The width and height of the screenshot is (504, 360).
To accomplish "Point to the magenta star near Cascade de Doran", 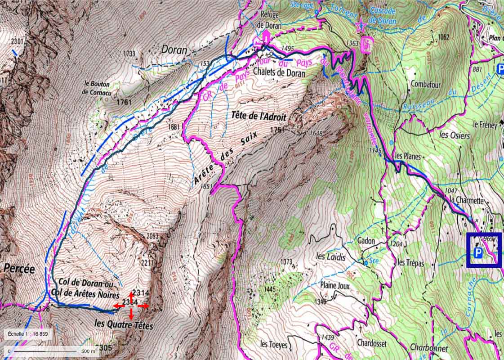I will click(x=360, y=26).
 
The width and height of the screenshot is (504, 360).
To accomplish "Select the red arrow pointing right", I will click(x=143, y=306).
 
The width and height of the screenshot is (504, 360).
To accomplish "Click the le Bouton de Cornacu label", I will click(x=100, y=87).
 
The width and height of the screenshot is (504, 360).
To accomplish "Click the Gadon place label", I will click(x=366, y=241).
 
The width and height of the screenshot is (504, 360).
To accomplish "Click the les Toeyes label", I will click(x=274, y=344).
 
